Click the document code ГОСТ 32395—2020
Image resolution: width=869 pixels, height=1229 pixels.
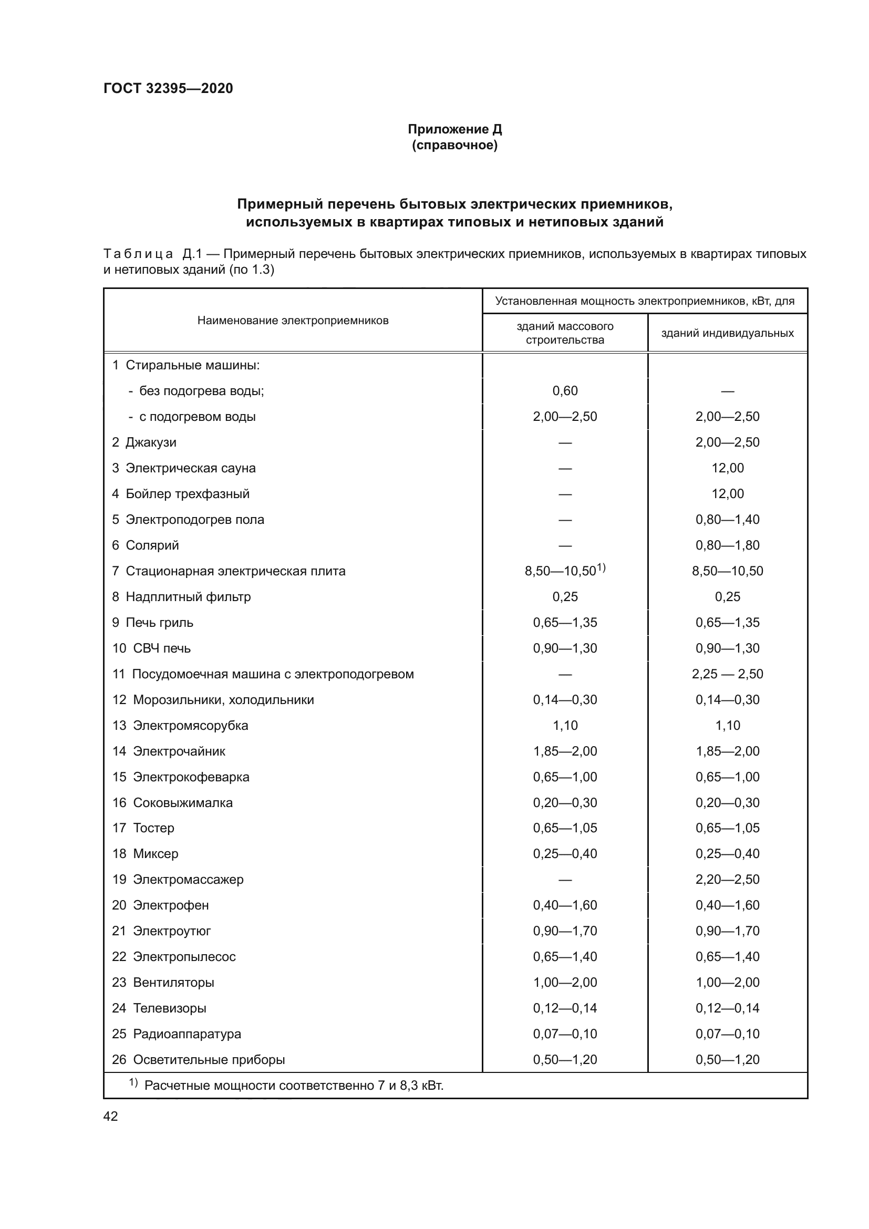pyautogui.click(x=168, y=88)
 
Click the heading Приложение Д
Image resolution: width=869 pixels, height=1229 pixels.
pyautogui.click(x=454, y=129)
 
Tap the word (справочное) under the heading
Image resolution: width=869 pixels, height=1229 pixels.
pyautogui.click(x=454, y=146)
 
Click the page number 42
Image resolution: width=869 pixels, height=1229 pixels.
pyautogui.click(x=110, y=1116)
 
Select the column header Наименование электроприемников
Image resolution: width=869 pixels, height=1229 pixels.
pyautogui.click(x=293, y=321)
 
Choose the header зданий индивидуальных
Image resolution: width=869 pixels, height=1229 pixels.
pyautogui.click(x=727, y=333)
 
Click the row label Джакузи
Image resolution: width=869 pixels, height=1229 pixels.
pyautogui.click(x=150, y=442)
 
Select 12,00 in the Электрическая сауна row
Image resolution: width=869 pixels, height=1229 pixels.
pyautogui.click(x=727, y=468)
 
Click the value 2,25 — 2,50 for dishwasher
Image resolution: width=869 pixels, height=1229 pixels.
pyautogui.click(x=727, y=674)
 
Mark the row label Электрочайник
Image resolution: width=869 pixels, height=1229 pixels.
pyautogui.click(x=179, y=751)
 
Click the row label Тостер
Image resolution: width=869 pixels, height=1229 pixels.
pyautogui.click(x=153, y=828)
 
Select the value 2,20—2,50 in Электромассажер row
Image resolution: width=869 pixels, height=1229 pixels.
pyautogui.click(x=727, y=880)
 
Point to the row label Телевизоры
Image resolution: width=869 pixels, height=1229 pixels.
pyautogui.click(x=169, y=1008)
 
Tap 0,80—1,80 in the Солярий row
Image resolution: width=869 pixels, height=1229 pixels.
pyautogui.click(x=727, y=545)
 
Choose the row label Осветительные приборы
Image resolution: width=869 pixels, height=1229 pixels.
pyautogui.click(x=209, y=1059)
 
